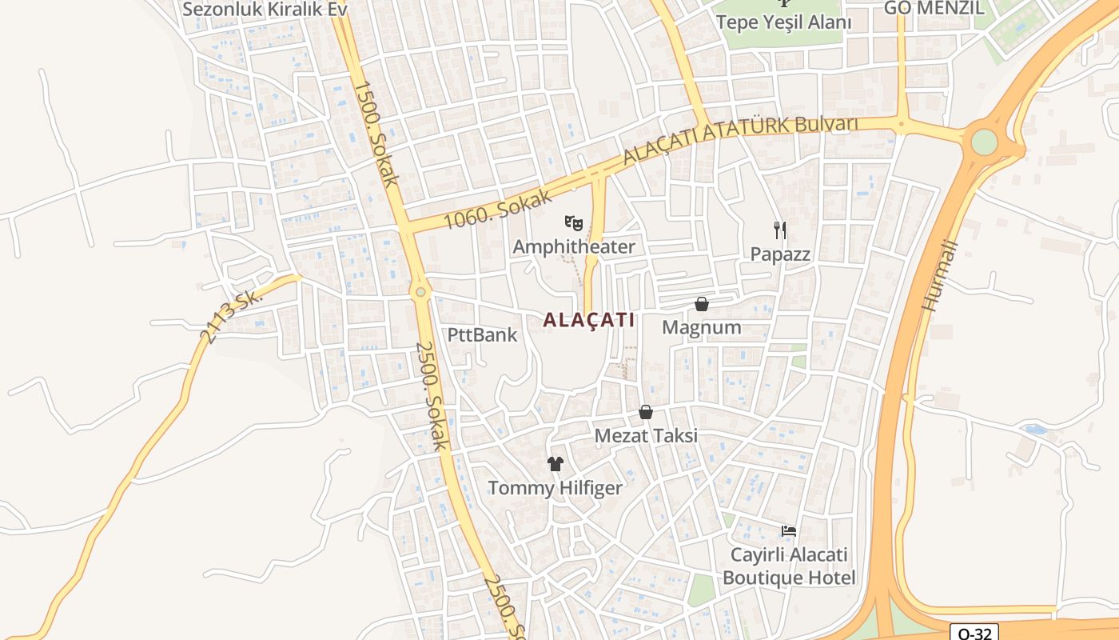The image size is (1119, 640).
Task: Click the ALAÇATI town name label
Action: (x=589, y=320)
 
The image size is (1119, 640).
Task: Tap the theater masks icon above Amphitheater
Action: (x=572, y=222)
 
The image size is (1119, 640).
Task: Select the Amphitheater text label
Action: (x=573, y=246)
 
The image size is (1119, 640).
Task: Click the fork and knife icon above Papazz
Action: (x=780, y=230)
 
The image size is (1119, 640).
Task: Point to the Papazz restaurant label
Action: (x=780, y=254)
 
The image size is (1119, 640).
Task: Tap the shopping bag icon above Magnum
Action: (x=701, y=304)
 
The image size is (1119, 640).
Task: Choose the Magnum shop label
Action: (x=701, y=327)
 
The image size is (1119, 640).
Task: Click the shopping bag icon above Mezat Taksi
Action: (x=646, y=413)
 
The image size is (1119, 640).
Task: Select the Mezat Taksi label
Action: (x=646, y=436)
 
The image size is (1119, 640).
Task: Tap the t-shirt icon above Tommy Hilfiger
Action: (x=555, y=463)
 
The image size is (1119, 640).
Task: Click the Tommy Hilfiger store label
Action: (x=555, y=487)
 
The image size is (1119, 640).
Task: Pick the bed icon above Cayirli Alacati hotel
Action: (x=789, y=531)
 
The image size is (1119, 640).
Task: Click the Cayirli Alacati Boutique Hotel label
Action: (x=789, y=566)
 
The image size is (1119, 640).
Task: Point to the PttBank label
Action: (x=482, y=334)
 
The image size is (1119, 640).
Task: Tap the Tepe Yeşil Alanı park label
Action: (x=783, y=22)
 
